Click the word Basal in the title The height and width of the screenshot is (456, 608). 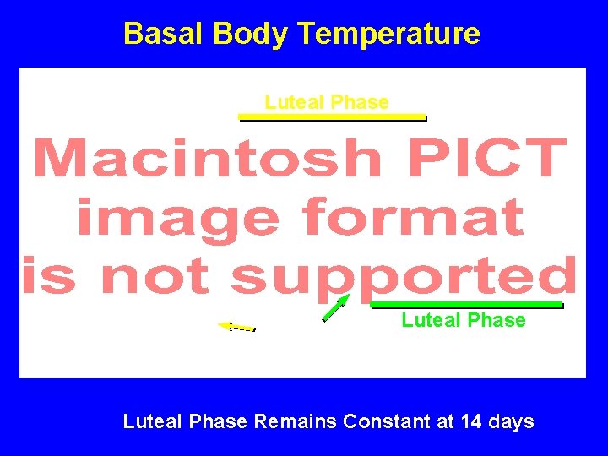[x=165, y=34]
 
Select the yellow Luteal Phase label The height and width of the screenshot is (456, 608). [x=327, y=102]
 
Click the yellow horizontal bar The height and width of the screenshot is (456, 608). [x=332, y=117]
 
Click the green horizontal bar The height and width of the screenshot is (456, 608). [x=466, y=304]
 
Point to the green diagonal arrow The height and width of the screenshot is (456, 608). [x=335, y=308]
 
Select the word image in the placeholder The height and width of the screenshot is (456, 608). [x=177, y=217]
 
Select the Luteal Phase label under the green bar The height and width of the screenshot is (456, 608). [x=463, y=320]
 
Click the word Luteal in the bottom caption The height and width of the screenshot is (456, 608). [x=152, y=421]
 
